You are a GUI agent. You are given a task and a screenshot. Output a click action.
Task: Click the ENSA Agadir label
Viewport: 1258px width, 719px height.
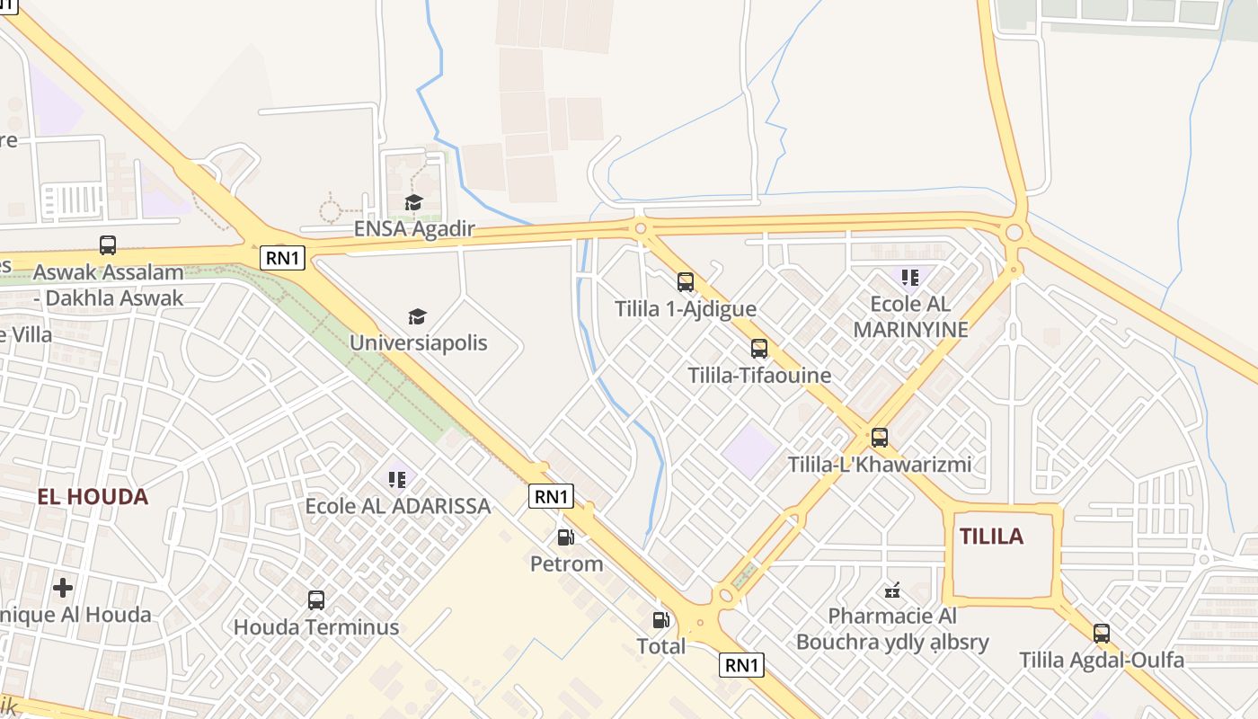point(413,228)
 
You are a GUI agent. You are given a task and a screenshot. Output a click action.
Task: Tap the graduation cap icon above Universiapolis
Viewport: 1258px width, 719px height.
point(417,316)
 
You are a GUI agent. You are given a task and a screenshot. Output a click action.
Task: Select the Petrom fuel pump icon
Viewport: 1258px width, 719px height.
point(566,537)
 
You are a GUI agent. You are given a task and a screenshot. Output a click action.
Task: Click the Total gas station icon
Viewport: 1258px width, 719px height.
point(661,619)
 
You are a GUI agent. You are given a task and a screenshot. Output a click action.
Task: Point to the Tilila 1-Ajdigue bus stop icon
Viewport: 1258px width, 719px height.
point(686,282)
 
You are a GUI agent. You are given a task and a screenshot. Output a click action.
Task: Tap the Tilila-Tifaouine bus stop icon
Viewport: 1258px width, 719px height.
point(759,349)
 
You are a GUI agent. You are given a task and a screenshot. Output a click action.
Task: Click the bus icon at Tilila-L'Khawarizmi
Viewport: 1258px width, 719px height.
point(880,438)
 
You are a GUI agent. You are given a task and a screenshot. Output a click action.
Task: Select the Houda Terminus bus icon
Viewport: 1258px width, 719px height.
point(316,599)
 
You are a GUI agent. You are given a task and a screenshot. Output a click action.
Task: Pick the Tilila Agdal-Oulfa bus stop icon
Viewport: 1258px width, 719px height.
point(1102,633)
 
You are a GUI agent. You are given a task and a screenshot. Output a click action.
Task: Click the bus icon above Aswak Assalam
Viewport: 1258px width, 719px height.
point(108,244)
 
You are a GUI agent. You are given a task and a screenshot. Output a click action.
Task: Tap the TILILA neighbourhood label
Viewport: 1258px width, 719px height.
point(991,537)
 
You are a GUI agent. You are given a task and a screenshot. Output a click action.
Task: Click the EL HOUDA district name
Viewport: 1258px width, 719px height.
point(93,496)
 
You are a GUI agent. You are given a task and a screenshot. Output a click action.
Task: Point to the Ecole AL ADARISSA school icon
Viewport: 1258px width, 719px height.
point(397,479)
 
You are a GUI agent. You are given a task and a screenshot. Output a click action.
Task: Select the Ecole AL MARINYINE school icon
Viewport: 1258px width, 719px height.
point(910,277)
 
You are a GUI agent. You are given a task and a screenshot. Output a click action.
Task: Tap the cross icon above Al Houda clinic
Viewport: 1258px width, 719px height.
point(63,588)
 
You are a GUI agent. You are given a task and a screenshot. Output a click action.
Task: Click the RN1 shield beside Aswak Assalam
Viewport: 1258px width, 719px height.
point(284,259)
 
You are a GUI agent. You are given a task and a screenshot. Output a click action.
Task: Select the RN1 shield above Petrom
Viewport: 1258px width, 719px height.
point(551,496)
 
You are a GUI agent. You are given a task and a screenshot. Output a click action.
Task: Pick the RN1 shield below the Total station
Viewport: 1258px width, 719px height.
point(742,665)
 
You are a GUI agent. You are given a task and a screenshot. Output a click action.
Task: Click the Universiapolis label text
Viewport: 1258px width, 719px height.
point(419,342)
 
